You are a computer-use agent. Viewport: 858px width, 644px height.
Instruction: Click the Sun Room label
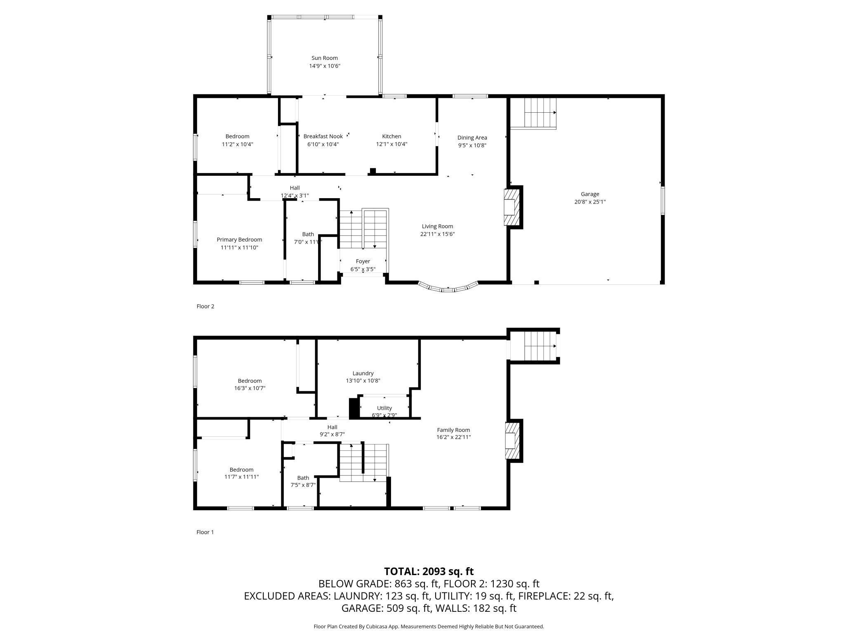tap(324, 58)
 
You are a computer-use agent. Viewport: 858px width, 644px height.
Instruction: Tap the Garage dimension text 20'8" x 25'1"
tap(590, 202)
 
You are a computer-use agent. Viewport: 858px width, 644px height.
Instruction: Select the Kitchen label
tap(391, 136)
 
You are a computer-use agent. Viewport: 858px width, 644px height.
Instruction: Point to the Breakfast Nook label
tap(323, 136)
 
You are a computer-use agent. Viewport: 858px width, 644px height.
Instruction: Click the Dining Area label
tap(472, 137)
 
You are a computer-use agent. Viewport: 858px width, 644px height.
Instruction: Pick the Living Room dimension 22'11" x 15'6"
tap(437, 234)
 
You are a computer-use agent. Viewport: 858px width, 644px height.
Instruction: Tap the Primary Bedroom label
tap(239, 239)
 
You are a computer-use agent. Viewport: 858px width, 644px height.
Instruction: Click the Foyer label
tap(363, 261)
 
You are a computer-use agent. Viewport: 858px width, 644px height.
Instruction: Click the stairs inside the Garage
tap(533, 113)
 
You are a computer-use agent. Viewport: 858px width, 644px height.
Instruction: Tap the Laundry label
tap(363, 373)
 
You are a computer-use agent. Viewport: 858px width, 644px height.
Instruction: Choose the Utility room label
tap(384, 408)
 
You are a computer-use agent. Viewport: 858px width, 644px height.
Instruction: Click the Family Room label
tap(453, 430)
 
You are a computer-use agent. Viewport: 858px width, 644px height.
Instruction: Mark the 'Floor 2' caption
tap(205, 306)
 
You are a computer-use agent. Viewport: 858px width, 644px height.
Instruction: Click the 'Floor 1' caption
tap(205, 532)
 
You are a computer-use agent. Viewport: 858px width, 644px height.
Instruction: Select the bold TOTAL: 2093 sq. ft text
tap(429, 571)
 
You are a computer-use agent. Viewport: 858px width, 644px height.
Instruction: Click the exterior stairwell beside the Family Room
tap(533, 346)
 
